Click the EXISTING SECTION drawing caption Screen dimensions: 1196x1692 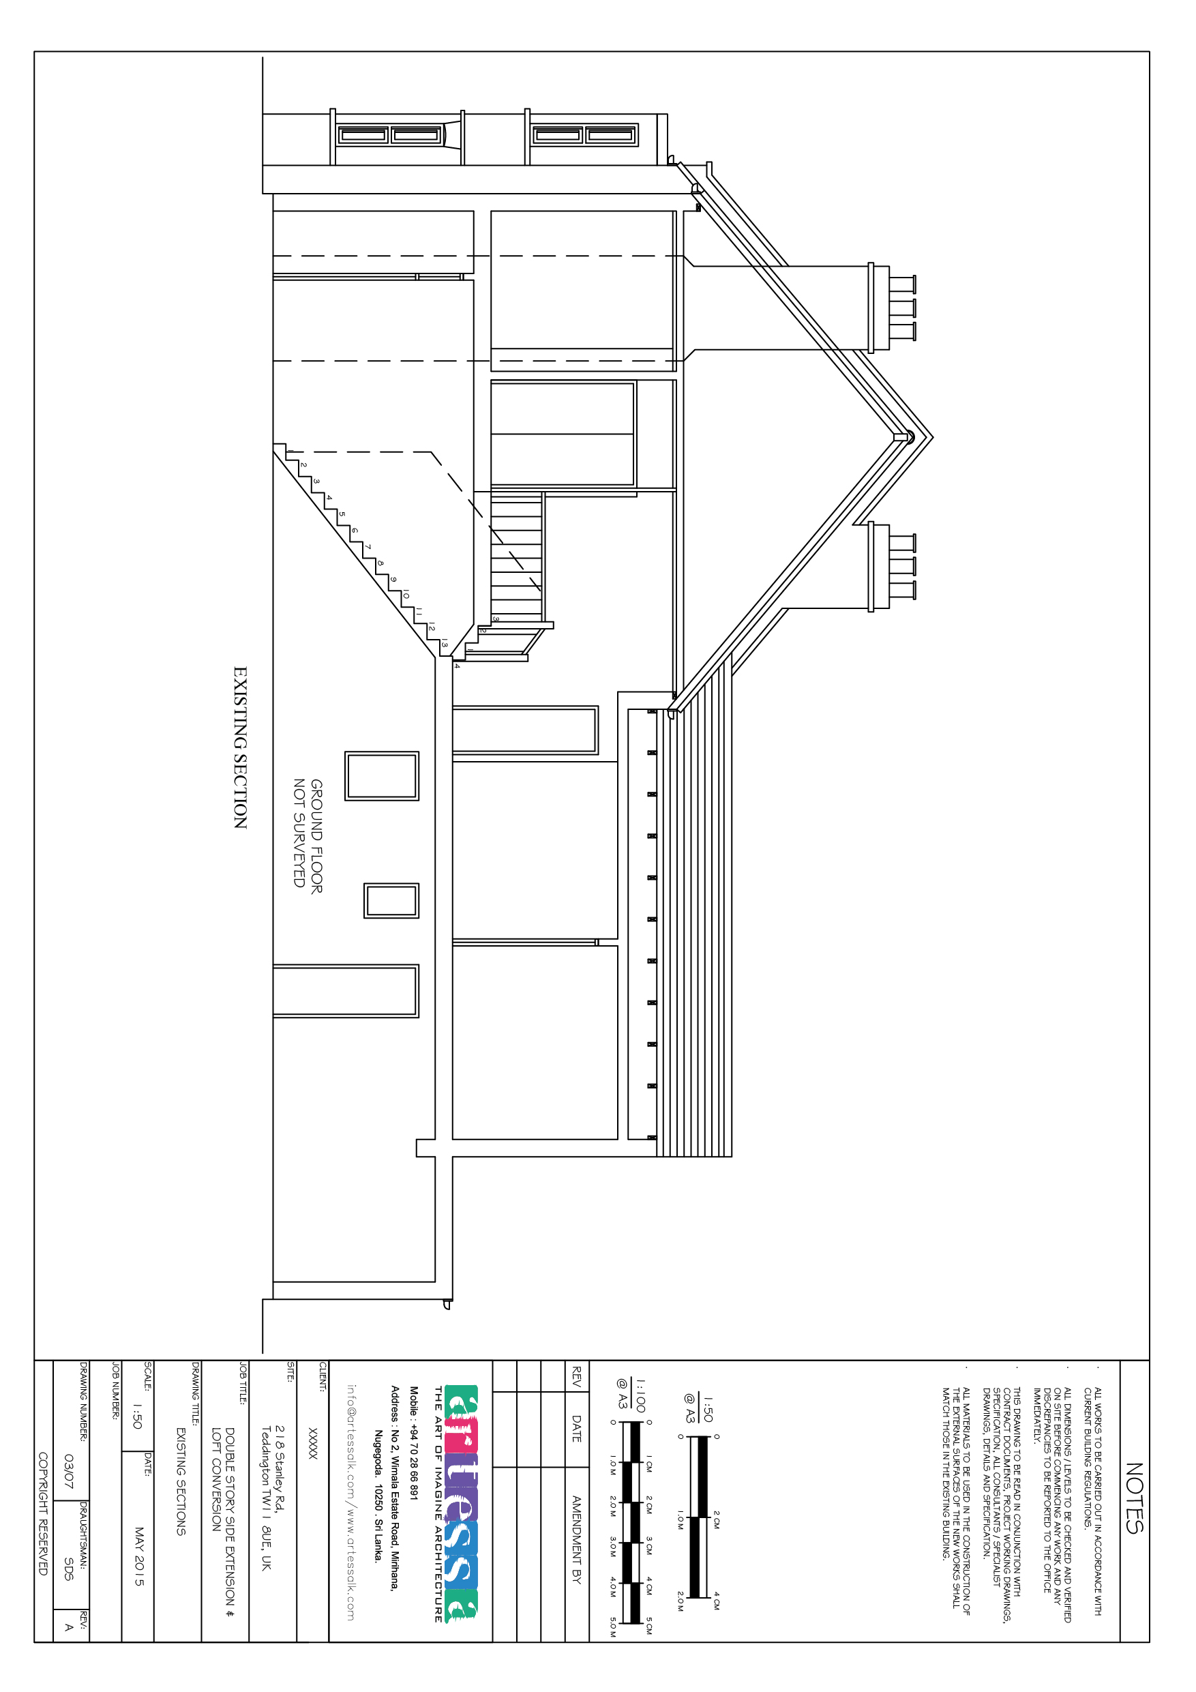(x=240, y=747)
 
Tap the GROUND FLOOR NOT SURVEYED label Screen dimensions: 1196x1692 (x=308, y=835)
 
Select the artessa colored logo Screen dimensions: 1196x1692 (x=462, y=1503)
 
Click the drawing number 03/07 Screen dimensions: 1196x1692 (x=69, y=1471)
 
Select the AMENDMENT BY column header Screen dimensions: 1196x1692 (x=577, y=1539)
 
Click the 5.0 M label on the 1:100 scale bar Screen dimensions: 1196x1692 (x=613, y=1627)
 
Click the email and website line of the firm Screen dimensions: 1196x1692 (x=350, y=1502)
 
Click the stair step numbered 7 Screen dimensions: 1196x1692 (x=368, y=547)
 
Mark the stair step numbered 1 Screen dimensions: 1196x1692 (x=290, y=450)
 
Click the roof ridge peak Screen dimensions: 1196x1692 (x=932, y=438)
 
